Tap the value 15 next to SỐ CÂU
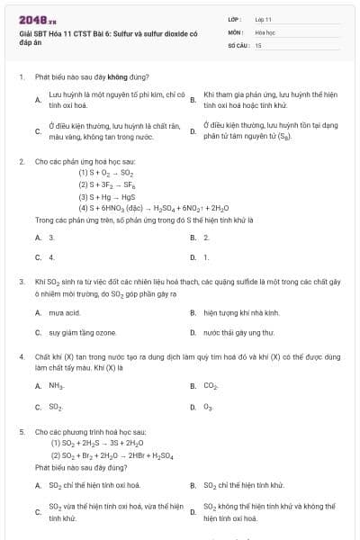258,44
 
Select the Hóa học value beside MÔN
265,31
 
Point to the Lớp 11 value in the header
264,19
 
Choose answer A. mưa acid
64,313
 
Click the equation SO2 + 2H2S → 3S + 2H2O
100,444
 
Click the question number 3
21,282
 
